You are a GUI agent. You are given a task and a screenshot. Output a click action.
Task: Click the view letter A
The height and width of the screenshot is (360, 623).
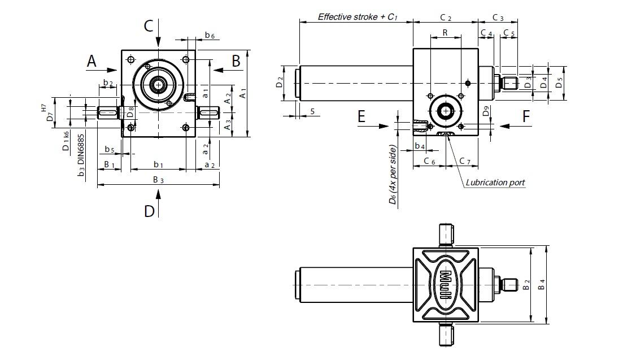pos(92,60)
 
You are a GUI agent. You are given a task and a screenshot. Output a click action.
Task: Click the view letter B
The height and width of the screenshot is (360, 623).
pos(236,60)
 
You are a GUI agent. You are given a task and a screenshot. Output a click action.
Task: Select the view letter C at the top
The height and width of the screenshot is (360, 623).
pos(149,25)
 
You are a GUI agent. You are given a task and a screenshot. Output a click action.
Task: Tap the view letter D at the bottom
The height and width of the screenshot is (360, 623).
pos(149,211)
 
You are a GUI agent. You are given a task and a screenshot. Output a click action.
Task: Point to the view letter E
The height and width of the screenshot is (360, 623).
pos(361,116)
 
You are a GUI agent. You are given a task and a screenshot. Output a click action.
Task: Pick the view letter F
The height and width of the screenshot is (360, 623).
pos(526,116)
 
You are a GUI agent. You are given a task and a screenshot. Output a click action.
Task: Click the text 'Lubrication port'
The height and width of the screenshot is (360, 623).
pos(495,183)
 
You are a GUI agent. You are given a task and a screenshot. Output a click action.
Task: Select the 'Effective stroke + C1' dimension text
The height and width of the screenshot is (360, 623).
pos(358,16)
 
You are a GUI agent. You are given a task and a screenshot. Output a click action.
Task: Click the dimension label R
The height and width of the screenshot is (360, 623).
pos(445,33)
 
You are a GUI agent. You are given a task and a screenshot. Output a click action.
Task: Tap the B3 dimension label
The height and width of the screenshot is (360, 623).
pos(159,180)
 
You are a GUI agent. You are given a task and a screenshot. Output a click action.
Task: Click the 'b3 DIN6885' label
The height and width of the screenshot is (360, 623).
pos(82,155)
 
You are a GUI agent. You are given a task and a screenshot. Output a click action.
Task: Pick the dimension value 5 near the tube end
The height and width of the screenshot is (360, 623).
pos(312,111)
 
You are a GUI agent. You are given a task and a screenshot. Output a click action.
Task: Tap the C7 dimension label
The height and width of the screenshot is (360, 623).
pos(465,162)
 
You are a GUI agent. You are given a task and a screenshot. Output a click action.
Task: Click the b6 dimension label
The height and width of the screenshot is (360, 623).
pos(210,35)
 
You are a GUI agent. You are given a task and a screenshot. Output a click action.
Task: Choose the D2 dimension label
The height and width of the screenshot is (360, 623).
pos(279,83)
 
